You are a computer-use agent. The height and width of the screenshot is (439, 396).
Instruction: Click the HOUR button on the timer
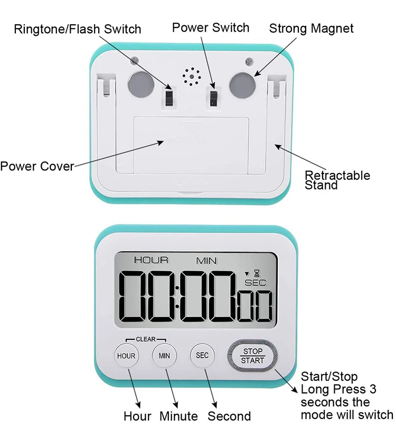[x=126, y=356]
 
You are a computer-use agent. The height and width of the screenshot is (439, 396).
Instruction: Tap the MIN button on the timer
[x=164, y=356]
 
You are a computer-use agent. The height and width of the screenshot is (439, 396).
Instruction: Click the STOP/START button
[x=252, y=356]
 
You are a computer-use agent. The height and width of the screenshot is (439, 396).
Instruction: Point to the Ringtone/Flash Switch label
[x=77, y=28]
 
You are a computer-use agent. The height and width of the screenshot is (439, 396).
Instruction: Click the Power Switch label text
[x=211, y=27]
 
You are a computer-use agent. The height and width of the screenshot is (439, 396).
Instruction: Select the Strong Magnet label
[x=312, y=28]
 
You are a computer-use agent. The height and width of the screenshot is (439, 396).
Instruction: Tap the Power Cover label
[x=37, y=167]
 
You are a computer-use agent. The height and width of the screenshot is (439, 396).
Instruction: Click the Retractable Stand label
[x=337, y=180]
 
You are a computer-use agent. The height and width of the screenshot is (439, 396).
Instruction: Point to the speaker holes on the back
[x=191, y=78]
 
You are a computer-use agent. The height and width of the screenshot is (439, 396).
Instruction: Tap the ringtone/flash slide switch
[x=169, y=97]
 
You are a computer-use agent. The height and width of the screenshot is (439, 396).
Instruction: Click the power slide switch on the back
[x=214, y=98]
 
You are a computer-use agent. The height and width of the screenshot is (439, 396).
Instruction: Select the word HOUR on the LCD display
[x=151, y=260]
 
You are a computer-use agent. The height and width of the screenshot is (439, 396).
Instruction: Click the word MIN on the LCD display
[x=207, y=260]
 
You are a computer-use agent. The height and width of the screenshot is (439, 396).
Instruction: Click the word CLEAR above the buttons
[x=146, y=339]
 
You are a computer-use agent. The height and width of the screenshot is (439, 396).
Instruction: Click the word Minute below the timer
[x=178, y=416]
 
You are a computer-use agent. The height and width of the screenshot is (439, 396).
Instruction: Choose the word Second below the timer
[x=229, y=416]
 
